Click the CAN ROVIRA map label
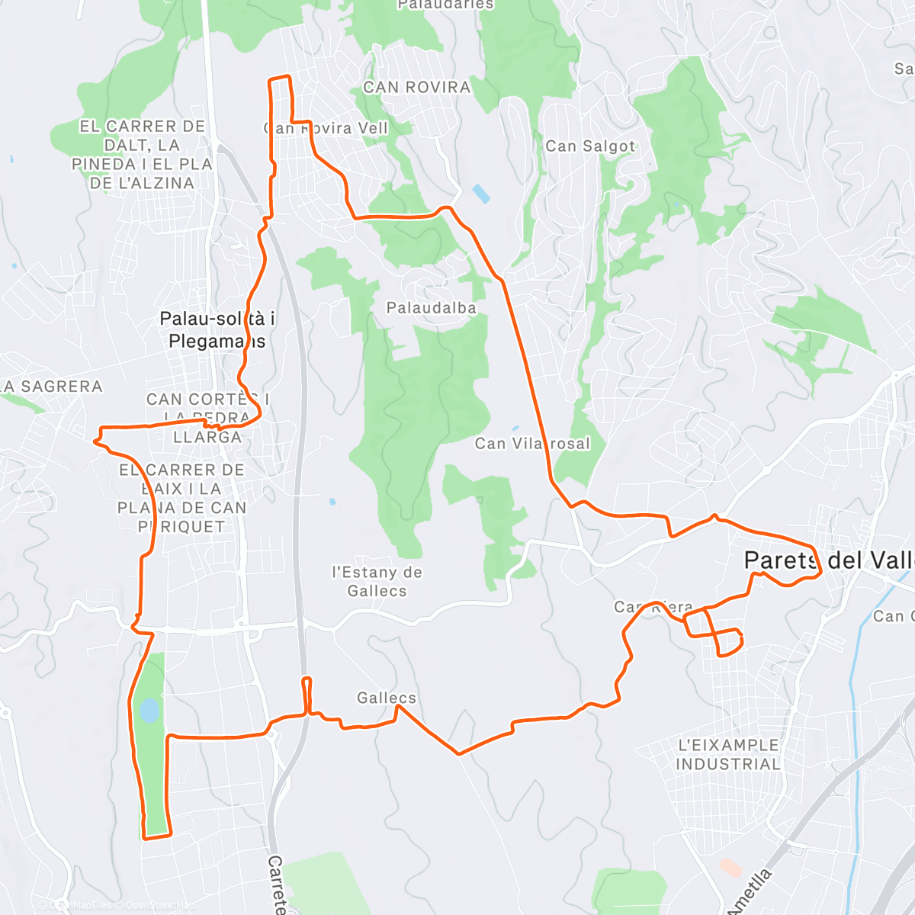[416, 88]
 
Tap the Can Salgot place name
[590, 146]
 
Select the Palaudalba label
[431, 308]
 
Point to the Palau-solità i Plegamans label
[217, 329]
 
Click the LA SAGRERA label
[52, 387]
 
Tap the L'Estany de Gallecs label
[377, 581]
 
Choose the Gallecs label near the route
[387, 698]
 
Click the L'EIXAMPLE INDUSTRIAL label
[728, 754]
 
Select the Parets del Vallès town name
[827, 560]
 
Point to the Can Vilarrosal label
[532, 443]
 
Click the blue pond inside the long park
[149, 711]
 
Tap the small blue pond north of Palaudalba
[481, 193]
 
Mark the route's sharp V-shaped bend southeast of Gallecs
[459, 754]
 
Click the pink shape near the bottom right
[730, 867]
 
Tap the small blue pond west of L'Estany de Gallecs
[332, 502]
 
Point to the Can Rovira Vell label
[326, 128]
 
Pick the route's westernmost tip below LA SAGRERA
[95, 440]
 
